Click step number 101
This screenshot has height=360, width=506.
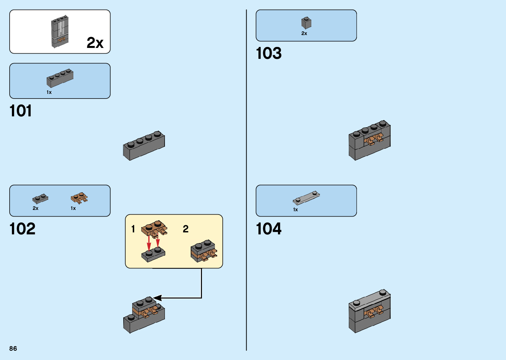point(20,111)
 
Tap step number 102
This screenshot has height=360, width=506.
point(22,229)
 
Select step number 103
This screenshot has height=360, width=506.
point(269,53)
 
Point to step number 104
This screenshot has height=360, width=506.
point(269,229)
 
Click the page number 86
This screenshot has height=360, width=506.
point(13,348)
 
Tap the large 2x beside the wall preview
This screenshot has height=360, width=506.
point(95,43)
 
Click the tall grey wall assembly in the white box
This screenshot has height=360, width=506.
point(60,32)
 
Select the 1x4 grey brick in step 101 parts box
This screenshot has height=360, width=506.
point(60,78)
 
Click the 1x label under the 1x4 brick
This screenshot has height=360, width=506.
point(49,92)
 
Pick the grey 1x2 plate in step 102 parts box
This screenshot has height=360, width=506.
point(40,198)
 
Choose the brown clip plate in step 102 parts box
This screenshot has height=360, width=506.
point(79,198)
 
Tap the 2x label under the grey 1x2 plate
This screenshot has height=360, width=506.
point(35,208)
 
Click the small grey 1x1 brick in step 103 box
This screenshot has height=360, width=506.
point(306,23)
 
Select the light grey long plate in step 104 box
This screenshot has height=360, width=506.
point(306,198)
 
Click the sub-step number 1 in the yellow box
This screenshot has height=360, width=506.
point(133,229)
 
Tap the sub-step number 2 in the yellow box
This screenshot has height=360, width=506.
point(185,229)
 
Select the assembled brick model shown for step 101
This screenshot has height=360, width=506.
point(144,146)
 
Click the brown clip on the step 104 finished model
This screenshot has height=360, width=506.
point(374,312)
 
